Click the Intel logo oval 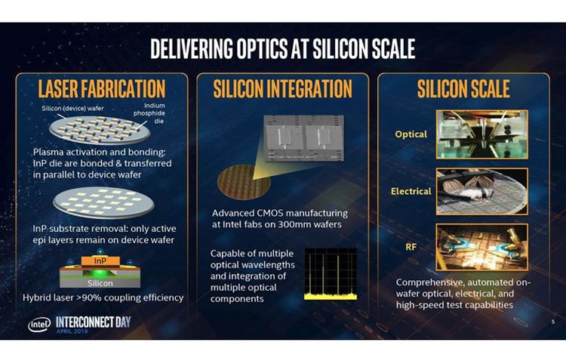(39, 325)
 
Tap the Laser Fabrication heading (102, 89)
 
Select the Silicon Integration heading (283, 89)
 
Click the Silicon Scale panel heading (463, 89)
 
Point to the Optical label (411, 134)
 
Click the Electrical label (411, 191)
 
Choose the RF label (411, 247)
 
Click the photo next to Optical (482, 134)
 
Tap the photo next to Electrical (482, 191)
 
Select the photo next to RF (482, 248)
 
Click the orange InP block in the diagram (100, 261)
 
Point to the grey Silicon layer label (100, 283)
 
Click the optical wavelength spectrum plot (331, 273)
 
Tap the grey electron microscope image (303, 138)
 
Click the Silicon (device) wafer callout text (72, 108)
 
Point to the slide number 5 (553, 322)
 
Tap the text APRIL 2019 (72, 331)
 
